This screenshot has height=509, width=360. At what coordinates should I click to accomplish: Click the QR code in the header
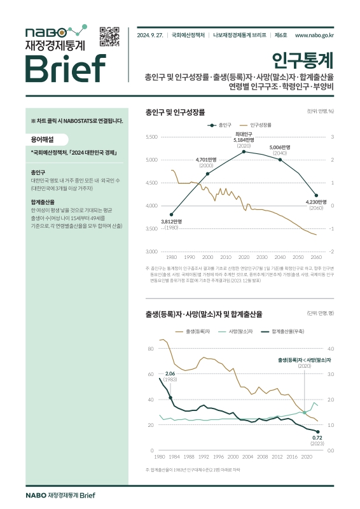(110, 37)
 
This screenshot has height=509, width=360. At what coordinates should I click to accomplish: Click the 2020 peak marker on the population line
(244, 151)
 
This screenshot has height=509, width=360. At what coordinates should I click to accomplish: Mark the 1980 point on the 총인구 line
(172, 214)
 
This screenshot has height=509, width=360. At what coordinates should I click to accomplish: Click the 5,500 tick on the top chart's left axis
(151, 137)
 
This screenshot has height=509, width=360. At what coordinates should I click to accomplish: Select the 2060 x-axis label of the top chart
(315, 257)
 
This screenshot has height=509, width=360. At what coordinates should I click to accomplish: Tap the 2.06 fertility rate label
(169, 373)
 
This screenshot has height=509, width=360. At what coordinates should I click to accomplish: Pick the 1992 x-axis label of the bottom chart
(204, 457)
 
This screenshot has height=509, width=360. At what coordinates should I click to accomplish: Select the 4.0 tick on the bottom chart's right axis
(331, 349)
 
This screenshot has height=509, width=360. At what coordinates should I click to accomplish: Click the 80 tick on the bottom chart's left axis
(151, 349)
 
